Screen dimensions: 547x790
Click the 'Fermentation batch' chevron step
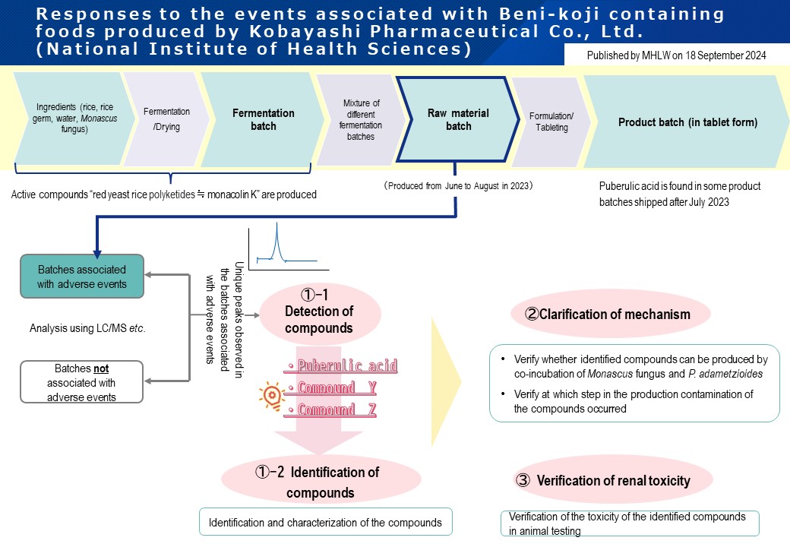(263, 119)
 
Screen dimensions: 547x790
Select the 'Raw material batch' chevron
(458, 120)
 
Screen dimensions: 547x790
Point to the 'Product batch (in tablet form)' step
(687, 122)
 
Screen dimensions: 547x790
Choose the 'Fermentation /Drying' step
(166, 119)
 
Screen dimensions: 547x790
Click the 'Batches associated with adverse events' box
(82, 277)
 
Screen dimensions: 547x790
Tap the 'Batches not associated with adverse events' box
(82, 382)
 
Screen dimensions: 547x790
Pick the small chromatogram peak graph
(288, 247)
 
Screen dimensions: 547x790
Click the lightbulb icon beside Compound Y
(270, 395)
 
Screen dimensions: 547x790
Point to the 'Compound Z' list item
(327, 410)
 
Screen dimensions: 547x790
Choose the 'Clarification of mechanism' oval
(610, 314)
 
